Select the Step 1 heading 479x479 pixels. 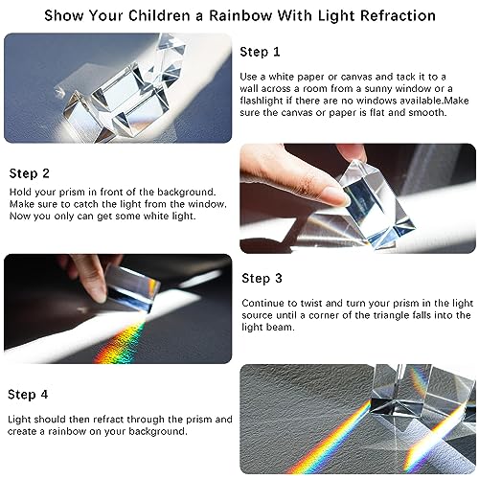[261, 52]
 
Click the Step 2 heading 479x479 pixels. [30, 173]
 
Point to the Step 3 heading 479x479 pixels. [262, 278]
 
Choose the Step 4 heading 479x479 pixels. [30, 394]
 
